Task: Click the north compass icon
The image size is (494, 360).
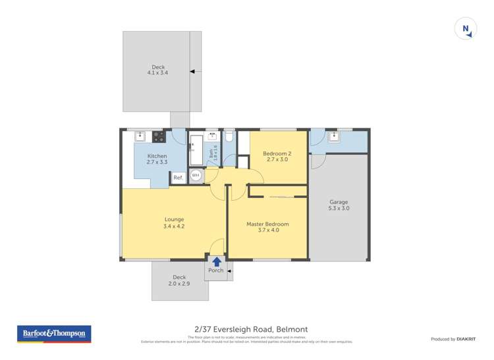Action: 466,29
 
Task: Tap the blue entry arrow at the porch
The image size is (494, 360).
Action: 217,261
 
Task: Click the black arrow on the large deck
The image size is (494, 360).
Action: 194,71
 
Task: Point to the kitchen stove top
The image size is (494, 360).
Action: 159,137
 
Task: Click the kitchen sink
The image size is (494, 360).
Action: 140,137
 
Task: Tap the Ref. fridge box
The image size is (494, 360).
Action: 178,178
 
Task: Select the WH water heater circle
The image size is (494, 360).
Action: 196,176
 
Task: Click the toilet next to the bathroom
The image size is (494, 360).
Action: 229,136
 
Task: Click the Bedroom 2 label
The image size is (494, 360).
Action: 277,157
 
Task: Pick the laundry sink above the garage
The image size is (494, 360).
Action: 334,137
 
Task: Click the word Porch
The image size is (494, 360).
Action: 215,270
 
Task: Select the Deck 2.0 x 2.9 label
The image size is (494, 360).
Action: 180,280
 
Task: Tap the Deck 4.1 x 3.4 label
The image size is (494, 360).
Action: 158,70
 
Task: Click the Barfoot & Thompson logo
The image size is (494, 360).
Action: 54,334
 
